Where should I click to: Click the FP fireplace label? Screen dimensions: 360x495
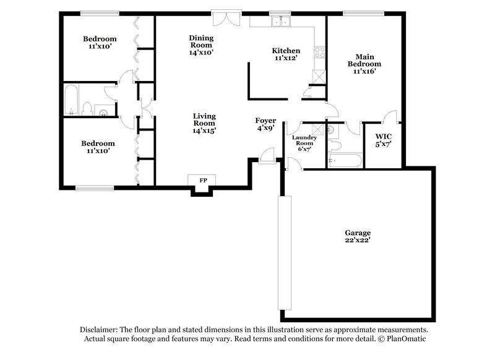(202, 180)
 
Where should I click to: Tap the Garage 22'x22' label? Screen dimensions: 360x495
(358, 236)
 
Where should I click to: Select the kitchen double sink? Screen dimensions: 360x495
(280, 21)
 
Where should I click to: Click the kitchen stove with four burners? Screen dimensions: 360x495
(320, 53)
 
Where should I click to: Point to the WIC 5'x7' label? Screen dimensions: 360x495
(383, 140)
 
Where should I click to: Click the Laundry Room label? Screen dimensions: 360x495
(304, 143)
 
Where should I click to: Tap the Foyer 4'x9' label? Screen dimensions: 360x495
(266, 124)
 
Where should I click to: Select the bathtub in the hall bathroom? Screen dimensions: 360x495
(72, 100)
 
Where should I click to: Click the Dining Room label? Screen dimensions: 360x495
(201, 45)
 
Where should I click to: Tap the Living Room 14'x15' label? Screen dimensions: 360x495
(204, 123)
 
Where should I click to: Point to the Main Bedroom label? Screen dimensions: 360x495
(364, 63)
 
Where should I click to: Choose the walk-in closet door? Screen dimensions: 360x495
(390, 116)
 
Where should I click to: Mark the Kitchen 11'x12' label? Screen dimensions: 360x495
(286, 54)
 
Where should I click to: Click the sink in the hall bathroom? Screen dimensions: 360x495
(103, 112)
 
